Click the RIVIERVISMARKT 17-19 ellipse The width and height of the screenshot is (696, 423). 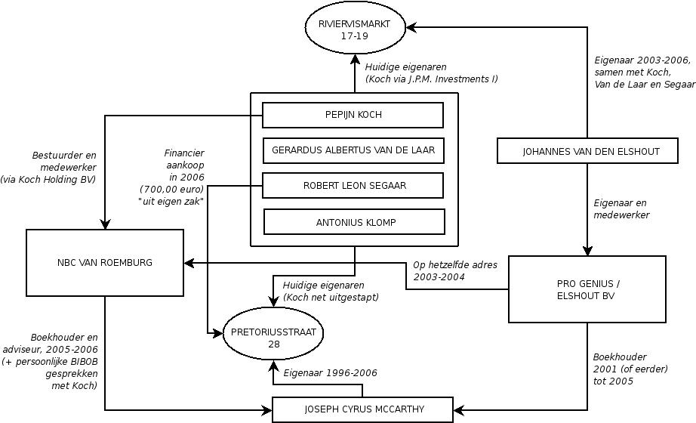[x=353, y=29]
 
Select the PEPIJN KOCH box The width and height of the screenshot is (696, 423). [x=353, y=115]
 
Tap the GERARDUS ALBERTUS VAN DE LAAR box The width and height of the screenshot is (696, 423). [x=353, y=150]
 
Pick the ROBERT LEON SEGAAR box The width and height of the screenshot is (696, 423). [x=353, y=185]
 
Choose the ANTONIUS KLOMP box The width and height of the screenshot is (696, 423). [x=354, y=221]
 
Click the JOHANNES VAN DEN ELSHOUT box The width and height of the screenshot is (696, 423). [x=590, y=151]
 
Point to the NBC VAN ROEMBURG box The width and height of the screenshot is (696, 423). [x=105, y=263]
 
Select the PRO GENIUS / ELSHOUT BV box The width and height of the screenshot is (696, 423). [x=587, y=289]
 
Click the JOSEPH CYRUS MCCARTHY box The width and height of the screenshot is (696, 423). [x=364, y=409]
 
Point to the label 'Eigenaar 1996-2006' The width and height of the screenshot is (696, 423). [x=330, y=373]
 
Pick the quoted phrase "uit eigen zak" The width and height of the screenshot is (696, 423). [x=171, y=201]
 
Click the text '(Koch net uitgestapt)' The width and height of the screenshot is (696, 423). [x=331, y=298]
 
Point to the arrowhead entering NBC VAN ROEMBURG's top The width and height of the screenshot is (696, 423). [x=105, y=224]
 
